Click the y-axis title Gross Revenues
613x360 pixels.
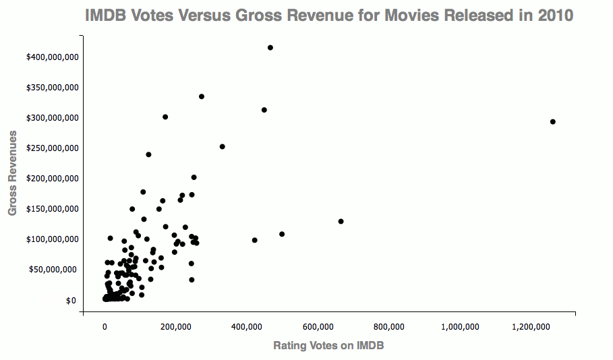coord(12,173)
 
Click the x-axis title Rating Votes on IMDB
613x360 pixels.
coord(328,345)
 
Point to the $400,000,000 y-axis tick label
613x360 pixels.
coord(52,57)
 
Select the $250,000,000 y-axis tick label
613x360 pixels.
coord(52,148)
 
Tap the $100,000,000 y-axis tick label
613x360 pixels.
coord(52,239)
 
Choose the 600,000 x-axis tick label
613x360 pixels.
coord(318,327)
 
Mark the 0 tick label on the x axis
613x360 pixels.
coord(105,327)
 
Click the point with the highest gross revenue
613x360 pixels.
coord(270,47)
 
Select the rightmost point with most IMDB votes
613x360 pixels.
coord(552,122)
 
